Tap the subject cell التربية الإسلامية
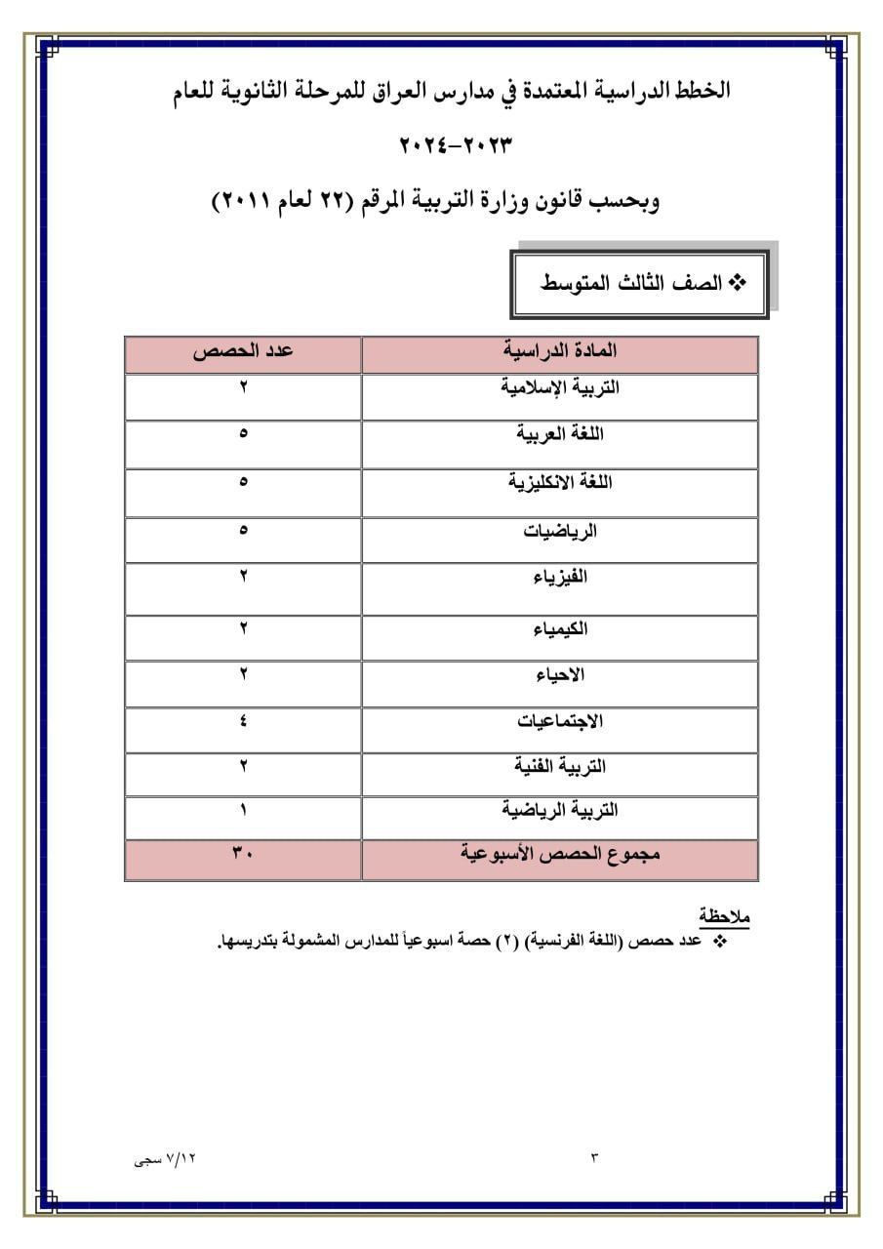(x=560, y=387)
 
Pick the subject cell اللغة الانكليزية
(x=560, y=482)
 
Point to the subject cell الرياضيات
(x=560, y=531)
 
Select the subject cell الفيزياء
(x=560, y=578)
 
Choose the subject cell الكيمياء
(x=560, y=628)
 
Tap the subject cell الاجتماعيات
(x=560, y=722)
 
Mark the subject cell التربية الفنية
(x=560, y=767)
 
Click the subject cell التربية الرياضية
(x=560, y=810)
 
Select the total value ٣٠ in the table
(x=243, y=854)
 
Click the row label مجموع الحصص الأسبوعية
(x=560, y=854)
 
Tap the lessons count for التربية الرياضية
(x=243, y=810)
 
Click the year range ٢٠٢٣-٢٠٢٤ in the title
(x=456, y=146)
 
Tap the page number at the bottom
(x=593, y=1158)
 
